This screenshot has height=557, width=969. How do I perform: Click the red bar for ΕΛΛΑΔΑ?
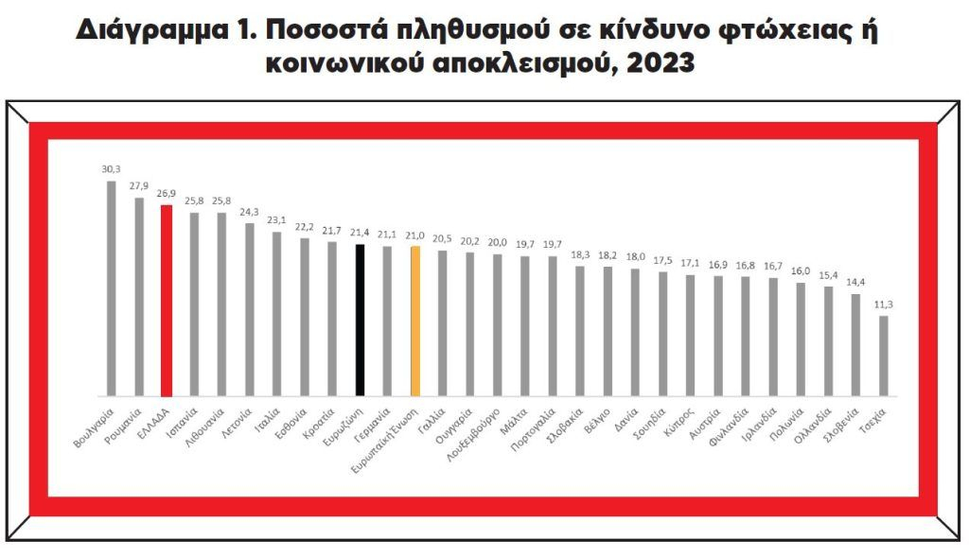click(x=167, y=300)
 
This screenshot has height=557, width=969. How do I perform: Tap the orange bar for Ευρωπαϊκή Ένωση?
click(x=415, y=321)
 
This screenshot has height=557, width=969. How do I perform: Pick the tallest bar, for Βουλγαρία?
click(x=111, y=287)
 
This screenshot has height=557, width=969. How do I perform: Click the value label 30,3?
click(x=111, y=169)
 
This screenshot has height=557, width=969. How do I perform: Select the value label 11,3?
click(x=884, y=305)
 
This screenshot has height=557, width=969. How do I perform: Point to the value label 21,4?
click(x=360, y=233)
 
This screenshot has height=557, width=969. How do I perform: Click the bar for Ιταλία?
click(x=277, y=313)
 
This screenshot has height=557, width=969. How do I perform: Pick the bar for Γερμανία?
click(x=388, y=321)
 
